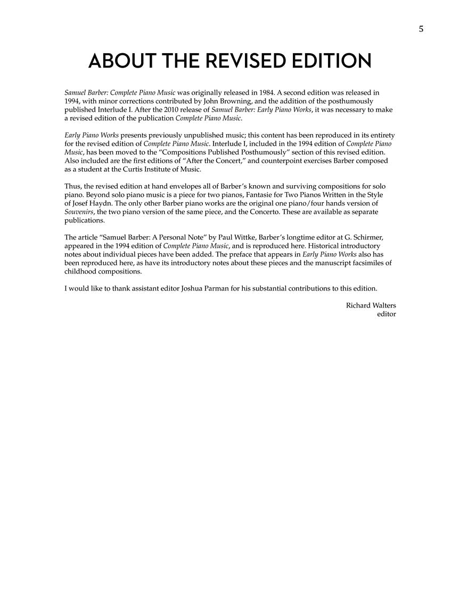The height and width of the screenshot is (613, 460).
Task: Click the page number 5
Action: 421,29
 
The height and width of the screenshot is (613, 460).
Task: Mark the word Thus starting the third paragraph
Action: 72,186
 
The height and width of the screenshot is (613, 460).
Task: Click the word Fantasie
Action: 256,195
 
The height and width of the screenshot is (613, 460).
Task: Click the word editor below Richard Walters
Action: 386,314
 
